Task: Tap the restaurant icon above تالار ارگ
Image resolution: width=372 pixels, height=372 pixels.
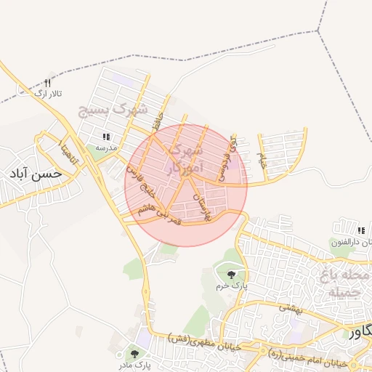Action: tap(49, 83)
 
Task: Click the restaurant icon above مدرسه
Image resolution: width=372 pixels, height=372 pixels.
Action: tap(106, 136)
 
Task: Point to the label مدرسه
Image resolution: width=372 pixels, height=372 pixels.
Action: tap(106, 147)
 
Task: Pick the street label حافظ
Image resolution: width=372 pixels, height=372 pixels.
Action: tap(155, 121)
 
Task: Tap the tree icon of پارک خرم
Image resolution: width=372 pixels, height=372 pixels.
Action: tap(231, 274)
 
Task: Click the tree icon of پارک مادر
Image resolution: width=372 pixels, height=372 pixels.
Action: tap(135, 354)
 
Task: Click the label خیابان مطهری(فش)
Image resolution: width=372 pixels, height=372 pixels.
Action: tap(204, 338)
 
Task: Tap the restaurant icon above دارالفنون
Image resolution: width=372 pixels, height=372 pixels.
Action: tap(359, 231)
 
